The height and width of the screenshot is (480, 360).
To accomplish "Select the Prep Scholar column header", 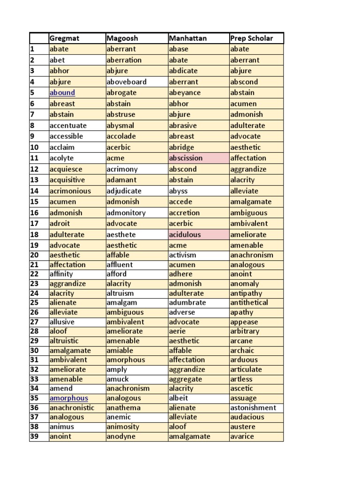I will pos(251,38).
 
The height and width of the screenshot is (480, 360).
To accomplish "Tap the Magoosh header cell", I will pos(122,38).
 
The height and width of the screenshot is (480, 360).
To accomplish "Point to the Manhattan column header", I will pos(187,38).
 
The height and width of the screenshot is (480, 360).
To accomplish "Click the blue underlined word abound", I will pos(62,93).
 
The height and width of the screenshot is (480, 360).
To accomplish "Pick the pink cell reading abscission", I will pos(186,158).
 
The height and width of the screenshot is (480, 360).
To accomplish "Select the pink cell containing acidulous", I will pos(185,234).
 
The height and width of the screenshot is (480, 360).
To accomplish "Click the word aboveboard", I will pos(127,82).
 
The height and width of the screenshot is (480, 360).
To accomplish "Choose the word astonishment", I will pos(253,408).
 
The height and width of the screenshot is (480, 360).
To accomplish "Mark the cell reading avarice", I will pos(242,436).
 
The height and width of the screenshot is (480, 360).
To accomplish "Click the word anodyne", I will pos(121,436).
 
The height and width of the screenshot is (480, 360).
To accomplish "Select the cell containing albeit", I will pos(179,398).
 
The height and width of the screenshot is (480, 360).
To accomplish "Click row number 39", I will pos(34,436).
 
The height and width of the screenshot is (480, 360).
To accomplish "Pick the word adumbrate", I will pos(187,303).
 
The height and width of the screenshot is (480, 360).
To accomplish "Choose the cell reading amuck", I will pos(118,379).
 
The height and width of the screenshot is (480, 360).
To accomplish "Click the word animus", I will pos(62,427).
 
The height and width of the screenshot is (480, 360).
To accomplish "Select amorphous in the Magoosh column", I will pos(126,360).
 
